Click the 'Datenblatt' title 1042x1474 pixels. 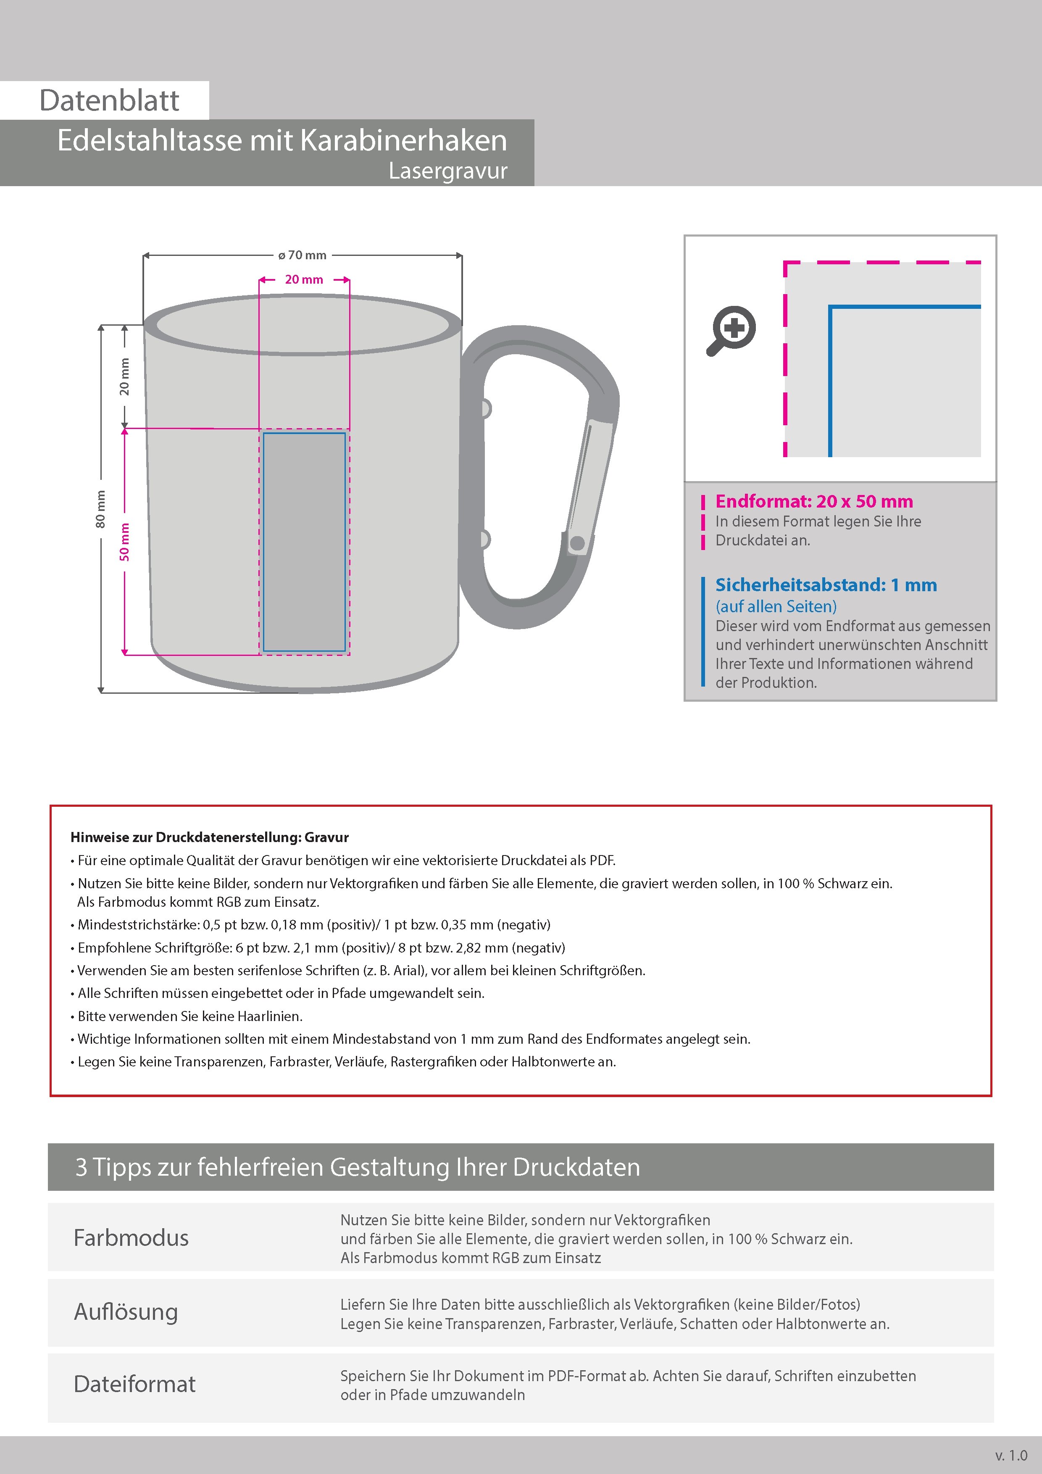tap(109, 101)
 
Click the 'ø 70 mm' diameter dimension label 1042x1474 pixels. tap(303, 255)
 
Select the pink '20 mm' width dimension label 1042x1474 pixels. tap(304, 280)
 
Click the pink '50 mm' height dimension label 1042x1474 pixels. tap(124, 542)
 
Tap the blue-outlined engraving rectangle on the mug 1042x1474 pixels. tap(304, 542)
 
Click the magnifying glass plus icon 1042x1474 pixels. tap(732, 330)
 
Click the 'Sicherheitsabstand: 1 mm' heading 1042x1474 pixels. tap(826, 585)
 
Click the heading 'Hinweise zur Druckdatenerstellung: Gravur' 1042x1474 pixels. tap(209, 837)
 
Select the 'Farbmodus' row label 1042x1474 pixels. tap(131, 1238)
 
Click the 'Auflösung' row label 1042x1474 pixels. tap(126, 1311)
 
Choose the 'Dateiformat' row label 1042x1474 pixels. tap(134, 1384)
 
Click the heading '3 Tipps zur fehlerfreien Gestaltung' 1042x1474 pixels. tap(357, 1167)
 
